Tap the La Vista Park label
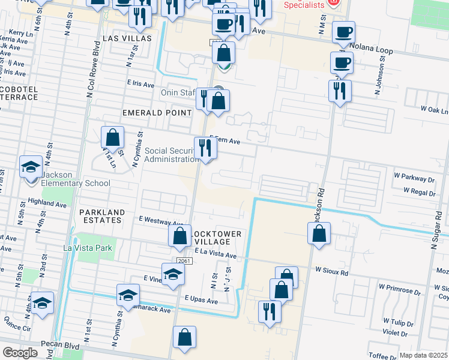88,248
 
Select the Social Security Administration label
171,155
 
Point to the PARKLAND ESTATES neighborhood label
101,216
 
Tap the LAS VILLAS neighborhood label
128,38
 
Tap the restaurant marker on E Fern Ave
205,147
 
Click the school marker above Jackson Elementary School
31,167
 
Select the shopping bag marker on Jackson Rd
320,233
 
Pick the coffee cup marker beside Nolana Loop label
343,32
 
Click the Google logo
20,353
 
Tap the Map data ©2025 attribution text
423,355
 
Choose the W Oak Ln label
434,110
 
